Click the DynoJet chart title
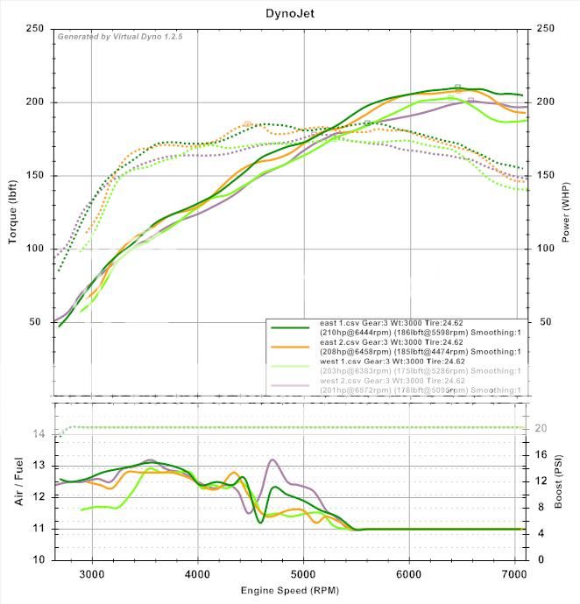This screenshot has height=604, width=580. (290, 13)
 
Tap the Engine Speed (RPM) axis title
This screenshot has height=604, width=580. (289, 591)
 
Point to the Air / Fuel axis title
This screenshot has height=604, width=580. (14, 480)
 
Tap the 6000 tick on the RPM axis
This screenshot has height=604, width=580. (409, 574)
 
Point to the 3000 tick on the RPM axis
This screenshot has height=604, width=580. (92, 574)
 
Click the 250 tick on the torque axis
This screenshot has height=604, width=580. (34, 29)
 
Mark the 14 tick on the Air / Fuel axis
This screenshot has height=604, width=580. (38, 434)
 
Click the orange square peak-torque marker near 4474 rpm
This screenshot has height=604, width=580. (247, 124)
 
